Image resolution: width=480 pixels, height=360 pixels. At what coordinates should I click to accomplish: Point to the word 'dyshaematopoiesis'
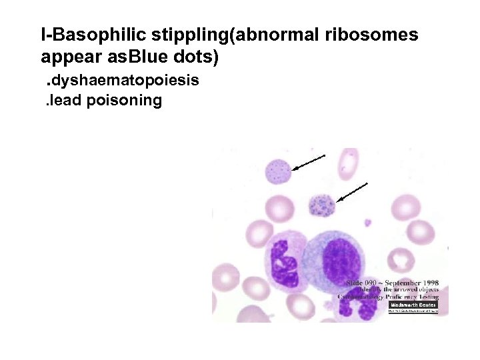coord(126,81)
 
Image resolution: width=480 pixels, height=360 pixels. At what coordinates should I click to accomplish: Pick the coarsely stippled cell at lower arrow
coord(321,205)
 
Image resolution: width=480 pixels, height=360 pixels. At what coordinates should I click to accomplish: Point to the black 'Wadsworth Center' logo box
coord(413,305)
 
